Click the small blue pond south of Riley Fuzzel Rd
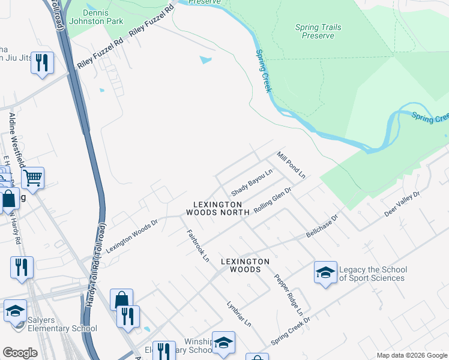(x=206, y=60)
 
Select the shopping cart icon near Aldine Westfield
(x=32, y=178)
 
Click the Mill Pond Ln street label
(x=291, y=165)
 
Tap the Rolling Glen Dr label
(x=273, y=199)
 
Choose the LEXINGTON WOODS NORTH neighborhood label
(x=217, y=208)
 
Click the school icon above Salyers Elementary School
(x=15, y=311)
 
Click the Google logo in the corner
(x=19, y=353)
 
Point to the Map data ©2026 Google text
(x=411, y=355)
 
